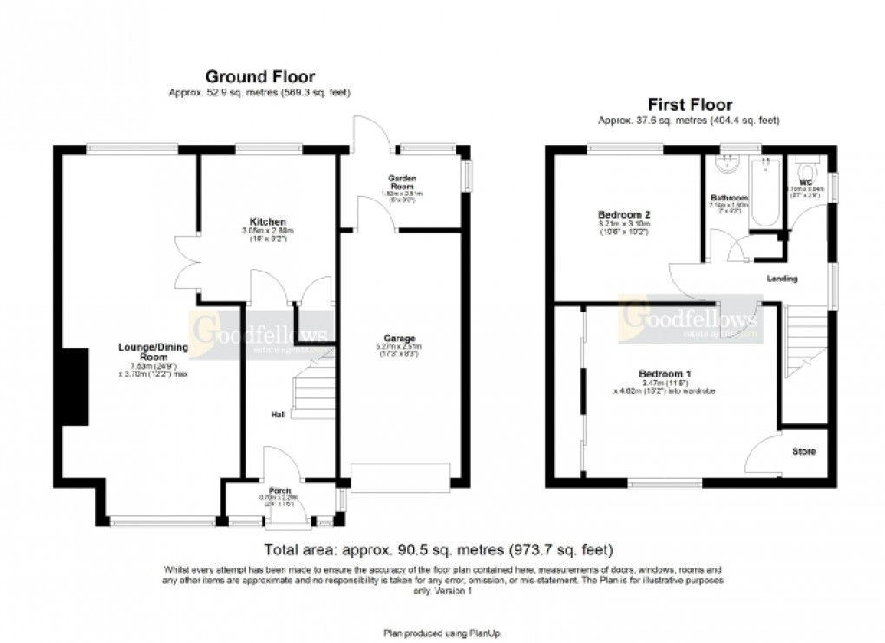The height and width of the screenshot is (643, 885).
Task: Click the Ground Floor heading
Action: pos(259,77)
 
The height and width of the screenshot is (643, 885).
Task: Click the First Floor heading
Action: pos(690,105)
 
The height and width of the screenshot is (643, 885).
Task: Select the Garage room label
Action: pos(400,338)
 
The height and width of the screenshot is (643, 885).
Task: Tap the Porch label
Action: pos(279,490)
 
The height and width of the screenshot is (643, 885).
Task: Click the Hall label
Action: pos(279,416)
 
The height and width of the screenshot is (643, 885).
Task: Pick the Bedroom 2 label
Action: pos(624,214)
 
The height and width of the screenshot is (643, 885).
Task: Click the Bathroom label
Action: pos(729,198)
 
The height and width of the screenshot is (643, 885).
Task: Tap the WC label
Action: pos(804,182)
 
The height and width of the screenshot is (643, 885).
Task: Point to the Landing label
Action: pos(782,279)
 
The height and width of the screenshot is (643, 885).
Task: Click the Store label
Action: pos(803,452)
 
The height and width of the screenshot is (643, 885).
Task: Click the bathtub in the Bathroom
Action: pos(765,191)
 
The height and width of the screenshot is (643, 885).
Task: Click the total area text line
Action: pos(438,550)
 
